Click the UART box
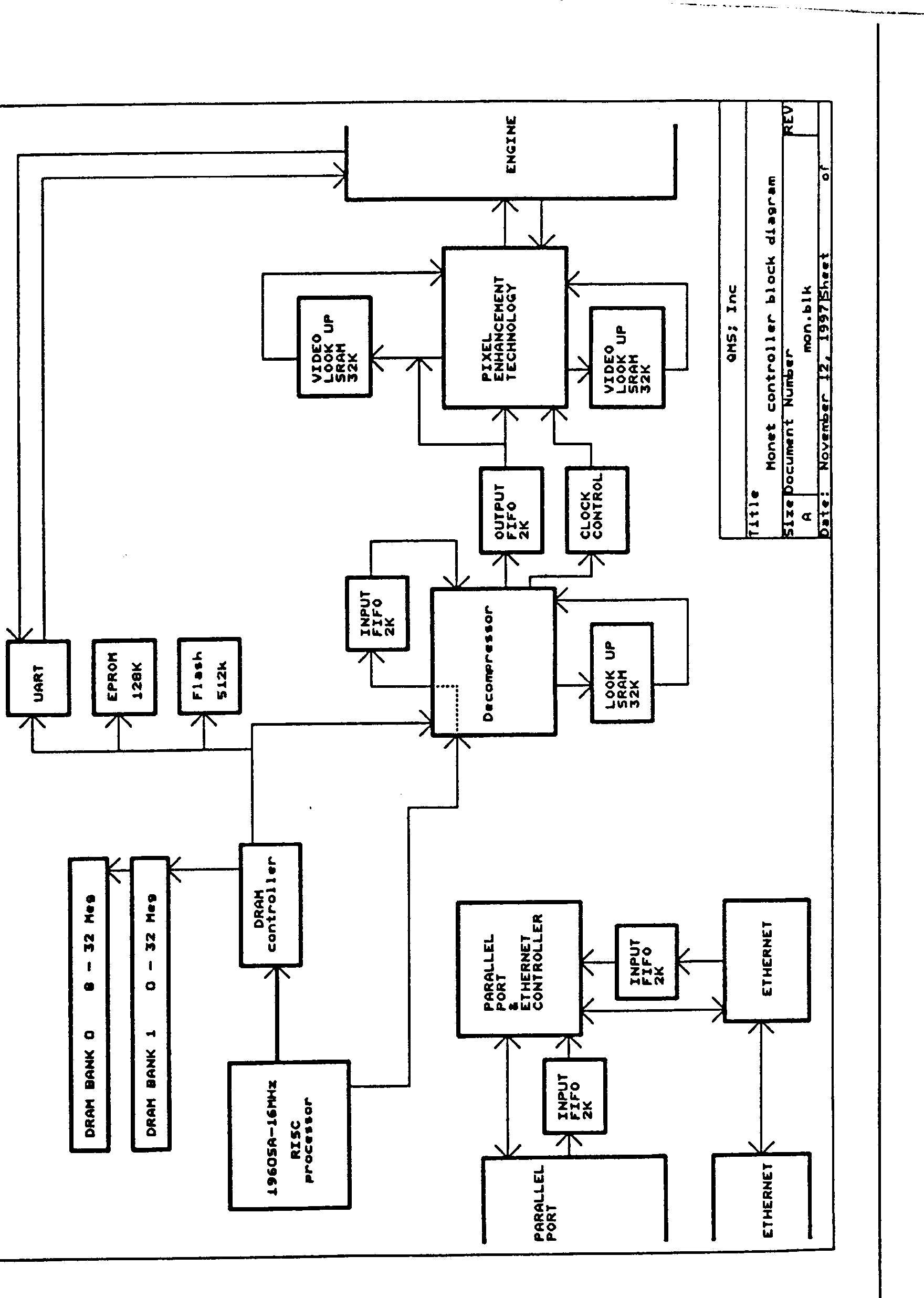click(x=38, y=677)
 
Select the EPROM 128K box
click(x=124, y=677)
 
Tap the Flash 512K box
click(x=209, y=676)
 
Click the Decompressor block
click(x=493, y=662)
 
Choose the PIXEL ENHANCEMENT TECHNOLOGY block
click(x=505, y=327)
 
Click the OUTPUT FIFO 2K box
click(x=511, y=510)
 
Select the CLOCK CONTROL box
click(x=597, y=509)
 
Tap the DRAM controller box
click(x=270, y=905)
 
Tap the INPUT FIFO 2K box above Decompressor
click(x=377, y=613)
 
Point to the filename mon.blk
click(x=806, y=319)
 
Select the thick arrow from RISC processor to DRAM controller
click(x=277, y=1013)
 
